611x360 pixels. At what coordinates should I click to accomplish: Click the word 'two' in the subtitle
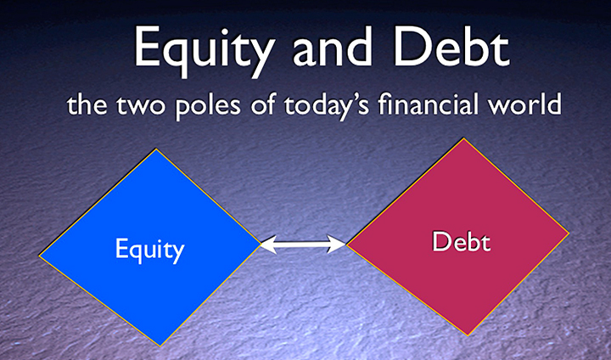coord(142,104)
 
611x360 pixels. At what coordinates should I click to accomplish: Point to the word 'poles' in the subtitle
coord(209,106)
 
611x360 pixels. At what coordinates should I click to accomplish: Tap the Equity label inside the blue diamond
coord(149,250)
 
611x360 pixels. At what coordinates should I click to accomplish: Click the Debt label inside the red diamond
coord(461,241)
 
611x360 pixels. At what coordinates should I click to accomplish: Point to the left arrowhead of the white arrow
coord(268,245)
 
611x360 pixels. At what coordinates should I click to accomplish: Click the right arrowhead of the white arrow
coord(337,245)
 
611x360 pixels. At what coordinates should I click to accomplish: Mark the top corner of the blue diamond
coord(157,149)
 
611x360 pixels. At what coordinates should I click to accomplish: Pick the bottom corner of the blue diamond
coord(160,346)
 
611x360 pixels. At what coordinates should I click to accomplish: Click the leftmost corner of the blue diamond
coord(39,256)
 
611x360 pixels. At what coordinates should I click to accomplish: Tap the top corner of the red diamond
coord(463,138)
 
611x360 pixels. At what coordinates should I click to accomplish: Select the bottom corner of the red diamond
coord(468,335)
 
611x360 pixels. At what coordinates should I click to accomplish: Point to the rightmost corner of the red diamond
coord(569,233)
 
